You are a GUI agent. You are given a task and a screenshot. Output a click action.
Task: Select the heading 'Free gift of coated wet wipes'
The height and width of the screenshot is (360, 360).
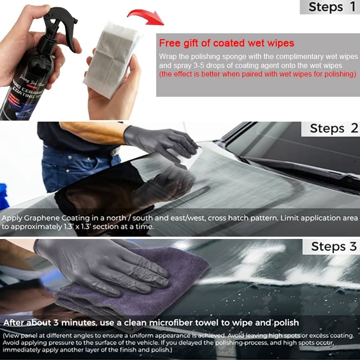pyautogui.click(x=226, y=43)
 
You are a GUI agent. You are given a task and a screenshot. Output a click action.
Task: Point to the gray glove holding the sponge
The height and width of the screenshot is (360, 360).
pyautogui.click(x=157, y=139)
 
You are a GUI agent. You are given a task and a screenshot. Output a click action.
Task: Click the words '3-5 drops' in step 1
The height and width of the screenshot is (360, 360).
pyautogui.click(x=194, y=65)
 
